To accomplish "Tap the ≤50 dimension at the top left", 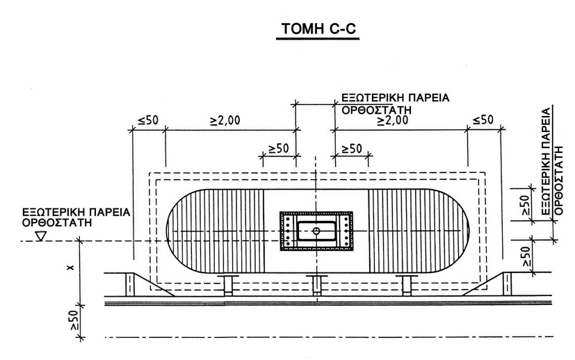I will [149, 120].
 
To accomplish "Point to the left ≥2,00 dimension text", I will [225, 120].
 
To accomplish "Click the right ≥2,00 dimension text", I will [392, 120].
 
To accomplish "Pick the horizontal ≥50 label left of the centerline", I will [278, 149].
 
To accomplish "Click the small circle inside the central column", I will [316, 229].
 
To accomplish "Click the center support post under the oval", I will [316, 285].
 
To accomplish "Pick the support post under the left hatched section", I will [227, 285].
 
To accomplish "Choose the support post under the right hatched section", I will [406, 285].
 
